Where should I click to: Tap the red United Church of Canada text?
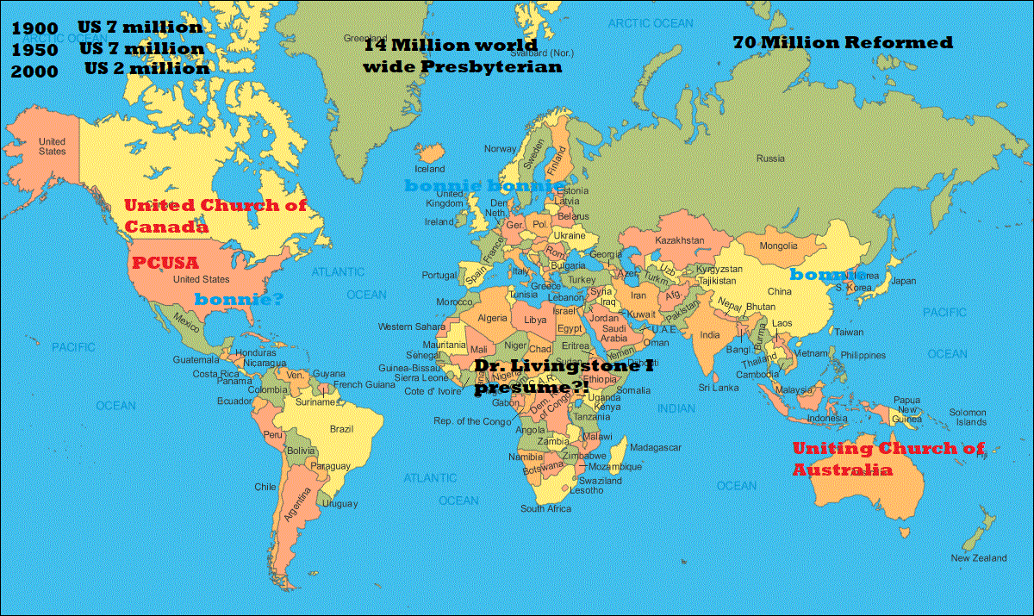tap(215, 216)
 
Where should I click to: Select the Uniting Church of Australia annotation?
tap(887, 459)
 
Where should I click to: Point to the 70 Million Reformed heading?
tap(843, 42)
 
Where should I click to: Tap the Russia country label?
tap(769, 159)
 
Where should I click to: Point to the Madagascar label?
tap(656, 447)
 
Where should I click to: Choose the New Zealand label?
tap(978, 558)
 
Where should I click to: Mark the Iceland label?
tap(430, 169)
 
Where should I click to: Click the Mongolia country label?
tap(778, 246)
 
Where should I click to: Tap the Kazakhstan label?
tap(681, 240)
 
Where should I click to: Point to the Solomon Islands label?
tap(968, 417)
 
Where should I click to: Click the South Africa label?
tap(545, 508)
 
